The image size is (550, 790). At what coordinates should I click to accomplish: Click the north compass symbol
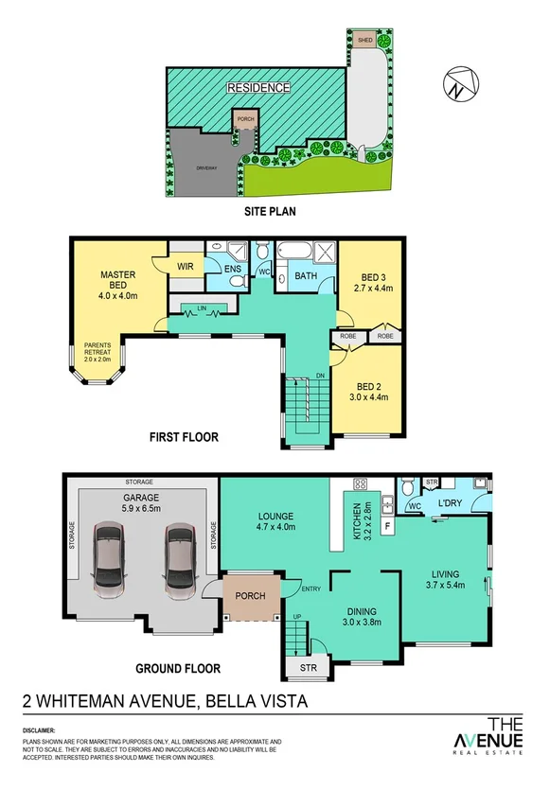(458, 85)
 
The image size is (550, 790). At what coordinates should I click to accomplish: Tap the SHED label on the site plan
(364, 40)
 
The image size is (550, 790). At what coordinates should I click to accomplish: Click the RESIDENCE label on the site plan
(257, 88)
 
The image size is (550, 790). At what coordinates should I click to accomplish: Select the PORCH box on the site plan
(246, 121)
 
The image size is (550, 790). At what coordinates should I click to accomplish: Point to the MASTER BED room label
(119, 281)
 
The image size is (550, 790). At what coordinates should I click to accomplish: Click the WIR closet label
(184, 267)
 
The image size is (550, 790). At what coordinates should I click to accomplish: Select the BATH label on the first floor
(305, 276)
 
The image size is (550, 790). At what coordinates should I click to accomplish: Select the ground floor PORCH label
(251, 596)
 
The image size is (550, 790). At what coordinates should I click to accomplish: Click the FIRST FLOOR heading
(183, 437)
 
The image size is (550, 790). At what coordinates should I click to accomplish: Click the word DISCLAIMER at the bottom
(38, 730)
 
